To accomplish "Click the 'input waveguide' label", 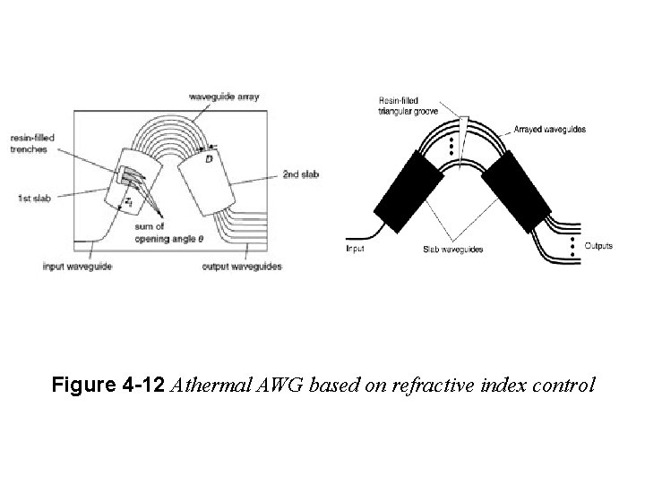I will (78, 267).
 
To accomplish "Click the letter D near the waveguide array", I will (209, 159).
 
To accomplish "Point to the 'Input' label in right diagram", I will (356, 249).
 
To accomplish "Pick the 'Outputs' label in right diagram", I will (598, 246).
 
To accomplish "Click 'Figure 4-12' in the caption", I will (107, 386).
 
